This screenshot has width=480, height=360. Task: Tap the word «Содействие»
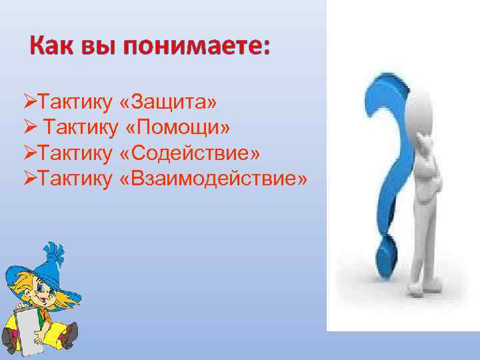point(191,153)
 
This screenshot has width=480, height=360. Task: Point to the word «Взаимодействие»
point(214,179)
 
